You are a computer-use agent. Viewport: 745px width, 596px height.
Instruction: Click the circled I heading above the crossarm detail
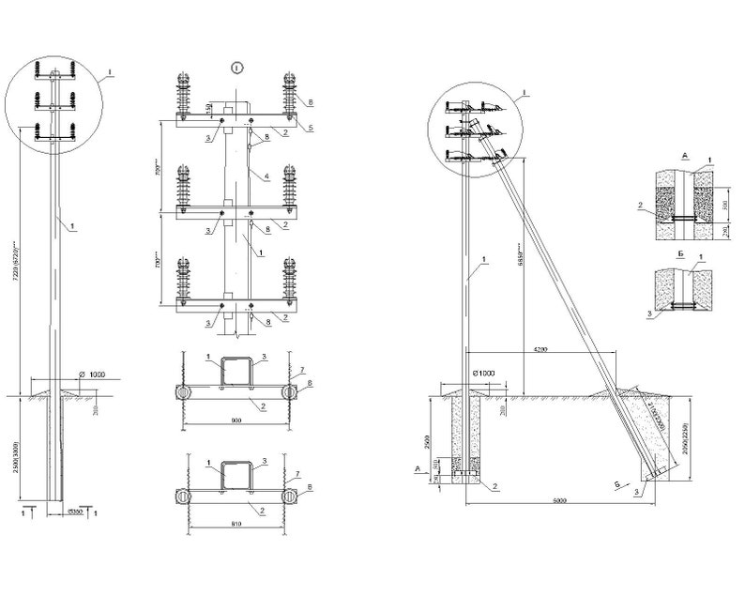(237, 67)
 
